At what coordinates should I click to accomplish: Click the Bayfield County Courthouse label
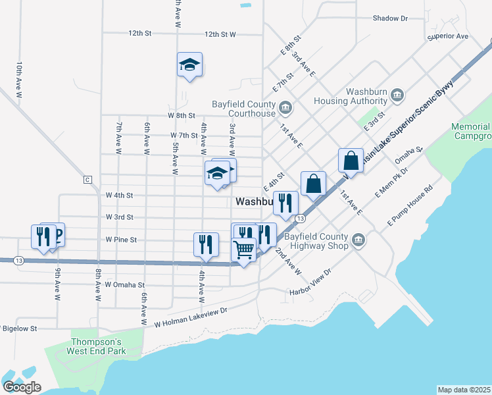(243, 109)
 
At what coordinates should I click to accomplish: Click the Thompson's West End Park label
(97, 346)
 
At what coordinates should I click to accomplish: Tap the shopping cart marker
(244, 250)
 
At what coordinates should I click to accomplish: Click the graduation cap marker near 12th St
(189, 65)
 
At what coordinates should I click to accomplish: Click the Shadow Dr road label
(390, 18)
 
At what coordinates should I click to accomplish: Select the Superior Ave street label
(447, 36)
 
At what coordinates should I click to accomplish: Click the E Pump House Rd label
(409, 209)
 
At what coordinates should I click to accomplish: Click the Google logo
(22, 387)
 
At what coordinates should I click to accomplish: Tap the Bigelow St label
(20, 327)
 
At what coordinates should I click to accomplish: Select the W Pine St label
(120, 240)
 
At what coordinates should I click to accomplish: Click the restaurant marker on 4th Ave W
(206, 244)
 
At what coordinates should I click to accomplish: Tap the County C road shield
(86, 179)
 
